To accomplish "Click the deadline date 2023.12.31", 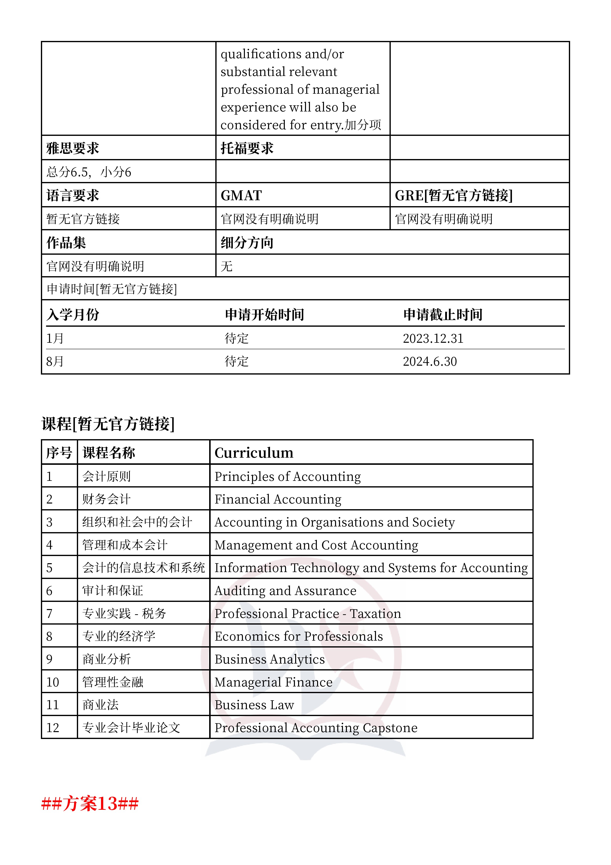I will pyautogui.click(x=433, y=338).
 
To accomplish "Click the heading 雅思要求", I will pyautogui.click(x=73, y=148).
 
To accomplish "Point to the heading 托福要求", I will pyautogui.click(x=247, y=148).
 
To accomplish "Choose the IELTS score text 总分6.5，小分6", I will pyautogui.click(x=89, y=172).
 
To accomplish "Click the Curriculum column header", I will pyautogui.click(x=254, y=452).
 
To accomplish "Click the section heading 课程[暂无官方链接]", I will pyautogui.click(x=108, y=424).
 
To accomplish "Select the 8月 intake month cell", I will pyautogui.click(x=55, y=361).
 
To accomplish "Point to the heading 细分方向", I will pyautogui.click(x=247, y=243).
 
